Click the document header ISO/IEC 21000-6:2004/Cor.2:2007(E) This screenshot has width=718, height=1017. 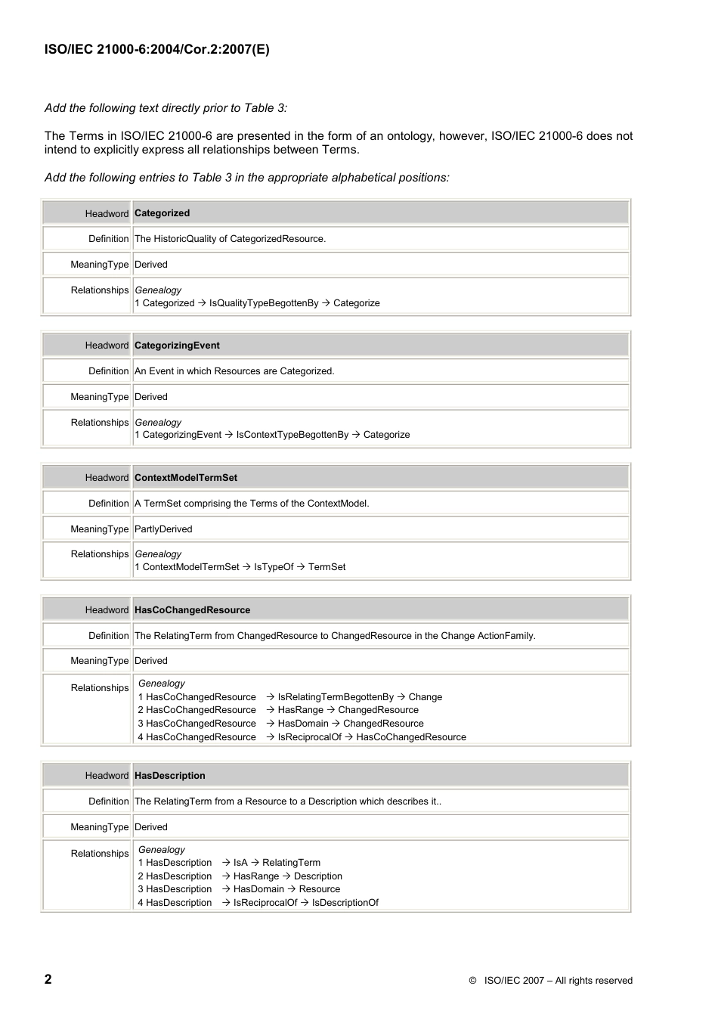[x=156, y=50]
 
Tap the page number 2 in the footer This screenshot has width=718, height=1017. [x=48, y=979]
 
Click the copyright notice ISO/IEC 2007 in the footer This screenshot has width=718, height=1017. [x=550, y=981]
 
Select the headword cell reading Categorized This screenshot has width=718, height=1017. [x=162, y=213]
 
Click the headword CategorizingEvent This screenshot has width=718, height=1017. [x=177, y=346]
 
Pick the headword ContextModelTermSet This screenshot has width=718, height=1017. [x=185, y=478]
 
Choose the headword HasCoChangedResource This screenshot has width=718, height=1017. [x=192, y=610]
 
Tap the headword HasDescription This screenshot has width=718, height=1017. [x=169, y=776]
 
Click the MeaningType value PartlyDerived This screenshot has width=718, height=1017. [x=163, y=529]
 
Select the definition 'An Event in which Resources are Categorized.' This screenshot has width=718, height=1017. [x=234, y=371]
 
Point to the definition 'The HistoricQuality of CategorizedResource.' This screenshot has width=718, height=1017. [x=230, y=239]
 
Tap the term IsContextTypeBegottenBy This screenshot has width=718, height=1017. [x=292, y=435]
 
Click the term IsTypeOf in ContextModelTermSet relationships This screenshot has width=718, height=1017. [x=274, y=567]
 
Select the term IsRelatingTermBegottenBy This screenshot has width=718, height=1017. [x=336, y=697]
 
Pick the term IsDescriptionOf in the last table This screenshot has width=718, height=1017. [x=345, y=903]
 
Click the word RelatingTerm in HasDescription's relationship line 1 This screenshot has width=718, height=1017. [x=291, y=863]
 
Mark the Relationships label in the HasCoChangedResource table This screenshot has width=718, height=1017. [x=100, y=688]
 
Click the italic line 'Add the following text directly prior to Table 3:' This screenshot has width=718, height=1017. [x=166, y=108]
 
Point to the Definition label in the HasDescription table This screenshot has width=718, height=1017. [x=108, y=802]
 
